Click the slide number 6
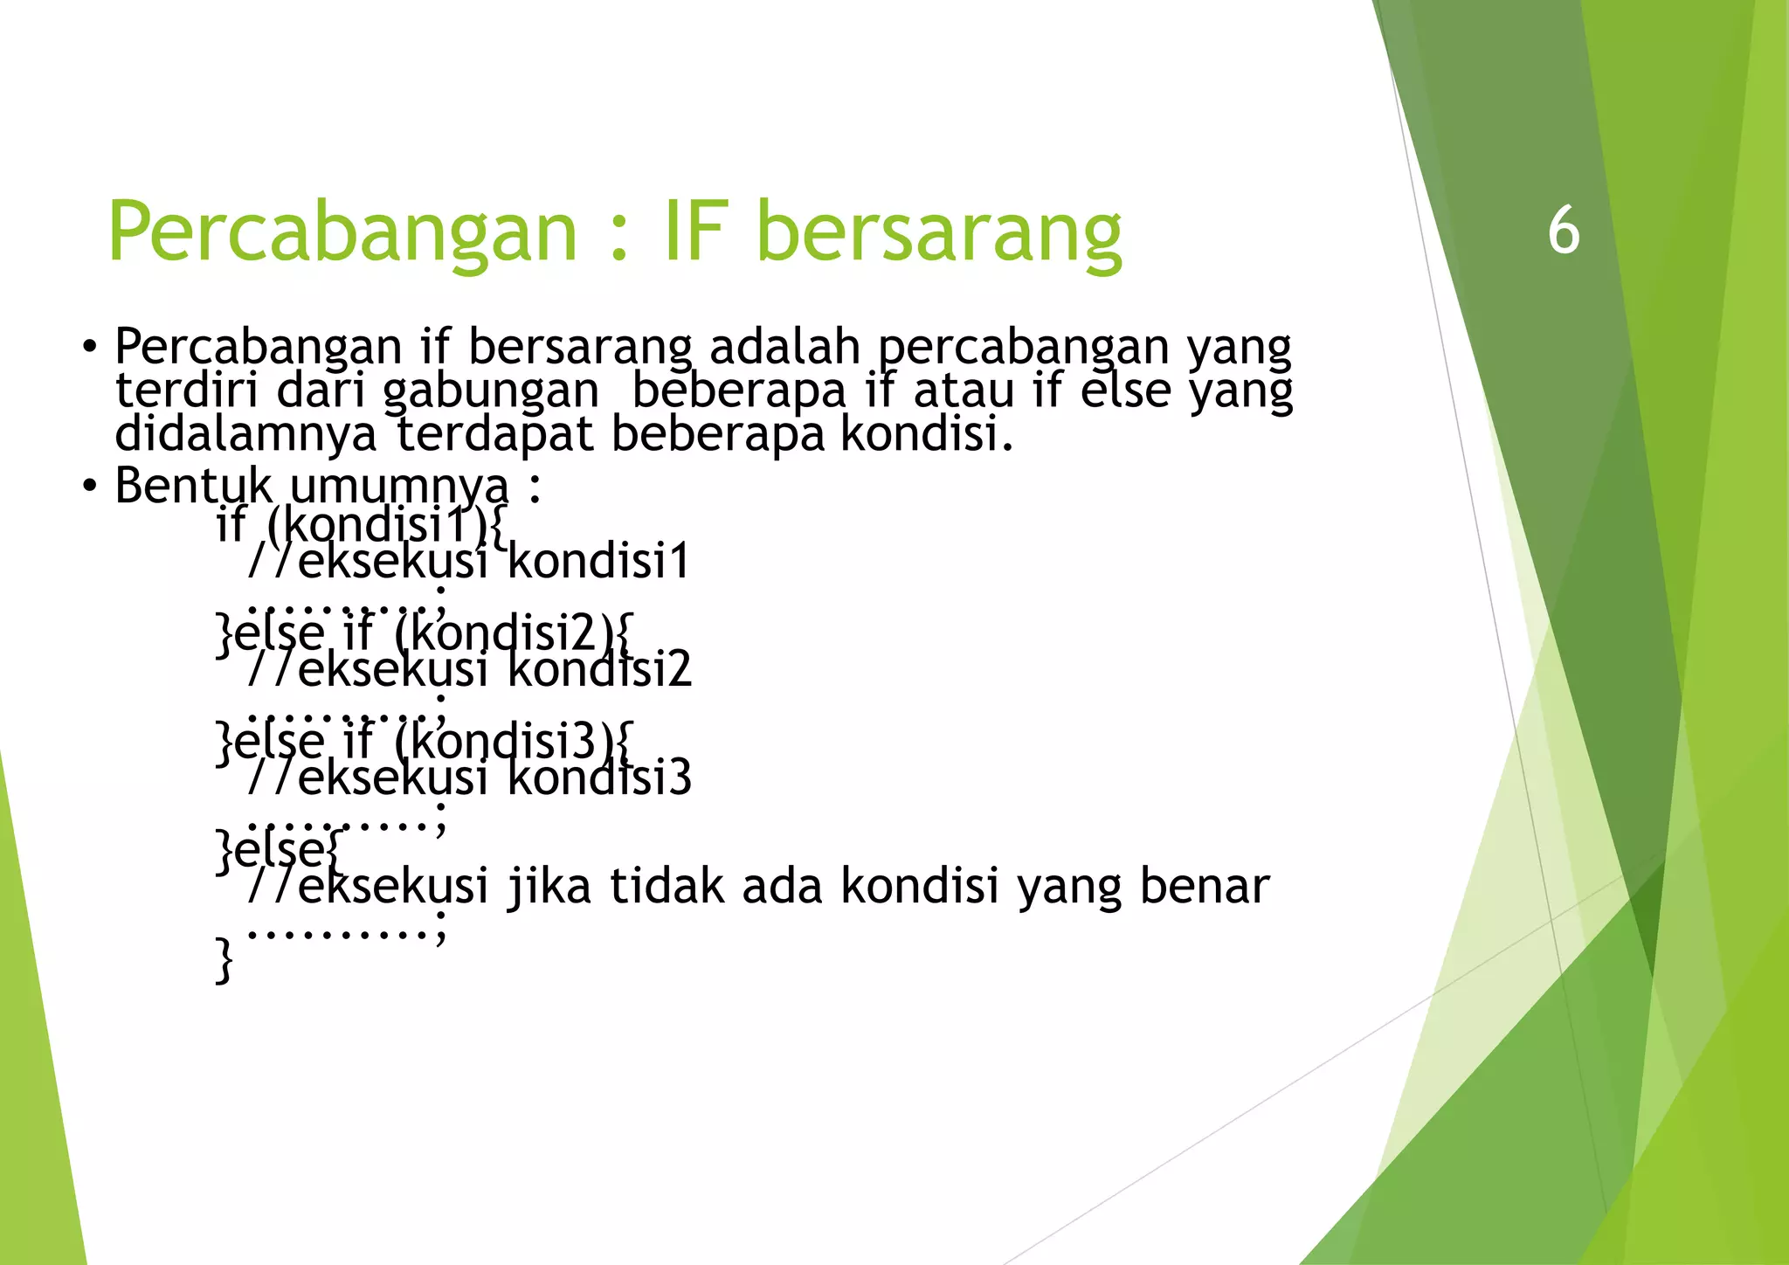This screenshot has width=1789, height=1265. (x=1564, y=231)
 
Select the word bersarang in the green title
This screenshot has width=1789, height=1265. (x=938, y=232)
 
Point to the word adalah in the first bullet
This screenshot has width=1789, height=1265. (x=784, y=346)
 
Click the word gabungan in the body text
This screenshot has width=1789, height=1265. (x=491, y=391)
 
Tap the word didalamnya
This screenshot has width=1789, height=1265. (x=245, y=433)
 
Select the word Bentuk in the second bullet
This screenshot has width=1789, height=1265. (x=192, y=486)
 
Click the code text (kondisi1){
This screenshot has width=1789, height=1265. (x=385, y=526)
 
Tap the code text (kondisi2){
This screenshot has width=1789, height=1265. (x=513, y=632)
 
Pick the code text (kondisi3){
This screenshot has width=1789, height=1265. (x=513, y=741)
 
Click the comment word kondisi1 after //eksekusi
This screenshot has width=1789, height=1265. (x=599, y=561)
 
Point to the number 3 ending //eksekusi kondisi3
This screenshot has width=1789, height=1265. (x=679, y=778)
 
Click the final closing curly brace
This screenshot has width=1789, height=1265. (x=224, y=959)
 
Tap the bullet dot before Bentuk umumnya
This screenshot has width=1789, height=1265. (x=89, y=487)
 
